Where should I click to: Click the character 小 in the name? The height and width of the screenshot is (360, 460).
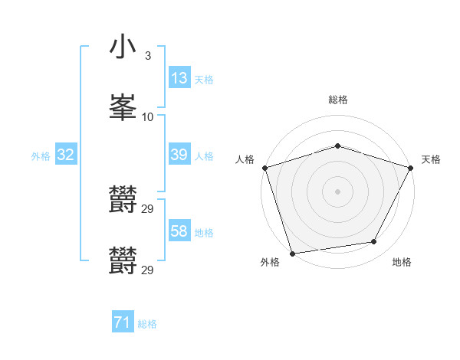click(x=123, y=47)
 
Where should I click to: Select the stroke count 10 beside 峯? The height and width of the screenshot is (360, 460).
click(x=148, y=117)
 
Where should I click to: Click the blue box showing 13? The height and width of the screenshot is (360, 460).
click(x=179, y=78)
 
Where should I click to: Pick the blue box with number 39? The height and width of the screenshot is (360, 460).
click(x=179, y=155)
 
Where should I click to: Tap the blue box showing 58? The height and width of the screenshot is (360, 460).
click(x=179, y=231)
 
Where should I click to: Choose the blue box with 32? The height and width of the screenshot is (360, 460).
click(x=66, y=155)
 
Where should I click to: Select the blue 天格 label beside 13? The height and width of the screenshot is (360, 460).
click(x=204, y=79)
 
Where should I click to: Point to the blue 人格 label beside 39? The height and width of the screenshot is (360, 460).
click(x=204, y=155)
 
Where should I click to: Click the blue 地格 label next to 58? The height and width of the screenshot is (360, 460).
click(x=204, y=232)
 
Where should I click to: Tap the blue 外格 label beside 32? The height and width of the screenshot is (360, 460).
click(x=41, y=155)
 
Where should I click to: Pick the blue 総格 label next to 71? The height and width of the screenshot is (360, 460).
click(x=147, y=324)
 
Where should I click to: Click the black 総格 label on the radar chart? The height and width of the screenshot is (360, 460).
click(x=338, y=100)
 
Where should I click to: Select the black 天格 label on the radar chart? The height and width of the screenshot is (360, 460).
click(x=431, y=159)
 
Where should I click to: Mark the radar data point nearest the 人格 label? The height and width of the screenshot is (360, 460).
click(x=264, y=168)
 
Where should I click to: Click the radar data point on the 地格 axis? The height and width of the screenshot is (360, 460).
click(x=374, y=242)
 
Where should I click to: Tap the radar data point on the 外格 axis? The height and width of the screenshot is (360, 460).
click(x=292, y=253)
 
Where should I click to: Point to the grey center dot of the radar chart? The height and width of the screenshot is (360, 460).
click(x=337, y=191)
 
